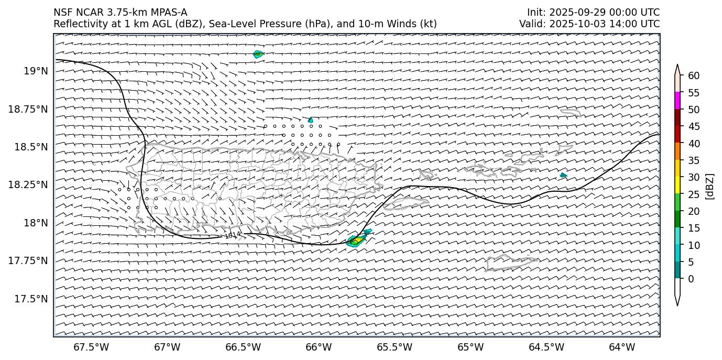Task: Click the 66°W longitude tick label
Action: pyautogui.click(x=319, y=347)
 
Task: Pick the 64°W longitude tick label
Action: pyautogui.click(x=622, y=347)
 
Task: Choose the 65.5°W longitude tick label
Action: pyautogui.click(x=395, y=347)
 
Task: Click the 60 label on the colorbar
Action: pyautogui.click(x=694, y=76)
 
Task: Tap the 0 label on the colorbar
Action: pyautogui.click(x=691, y=279)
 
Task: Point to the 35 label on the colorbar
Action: pyautogui.click(x=694, y=160)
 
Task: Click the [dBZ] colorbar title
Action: pyautogui.click(x=710, y=186)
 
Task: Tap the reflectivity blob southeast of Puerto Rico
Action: pyautogui.click(x=356, y=241)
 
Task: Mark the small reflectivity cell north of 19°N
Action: pyautogui.click(x=258, y=54)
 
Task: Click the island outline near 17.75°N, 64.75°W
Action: pyautogui.click(x=511, y=263)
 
